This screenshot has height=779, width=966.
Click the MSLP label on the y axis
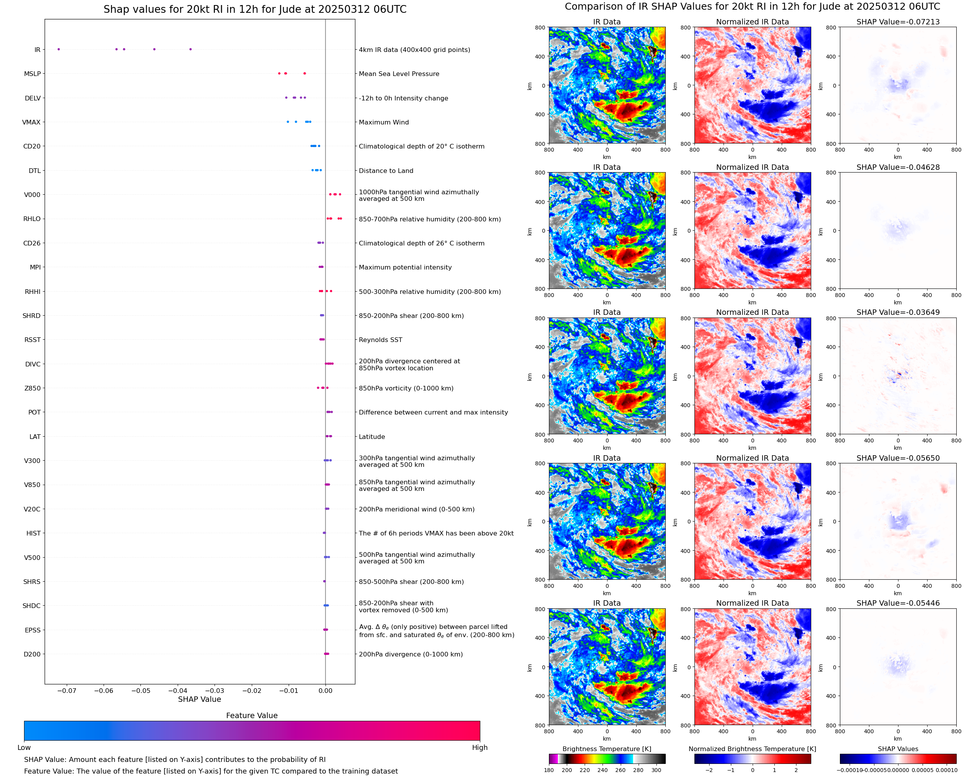(x=32, y=74)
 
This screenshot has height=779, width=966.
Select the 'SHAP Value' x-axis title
(x=199, y=699)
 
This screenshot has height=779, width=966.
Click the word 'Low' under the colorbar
(x=24, y=748)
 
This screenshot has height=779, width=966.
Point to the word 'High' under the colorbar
(x=480, y=748)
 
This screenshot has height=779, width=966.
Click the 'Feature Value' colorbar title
(x=252, y=715)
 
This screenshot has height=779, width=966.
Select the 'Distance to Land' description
(x=386, y=171)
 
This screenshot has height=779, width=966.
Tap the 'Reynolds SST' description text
(x=380, y=340)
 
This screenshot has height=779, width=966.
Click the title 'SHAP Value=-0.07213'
(x=898, y=22)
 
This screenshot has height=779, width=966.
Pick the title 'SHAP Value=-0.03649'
(x=898, y=312)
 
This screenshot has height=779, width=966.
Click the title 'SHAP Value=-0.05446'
(x=898, y=603)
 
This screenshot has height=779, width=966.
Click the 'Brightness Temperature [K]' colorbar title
(x=606, y=749)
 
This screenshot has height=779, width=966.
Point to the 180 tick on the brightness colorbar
(x=549, y=770)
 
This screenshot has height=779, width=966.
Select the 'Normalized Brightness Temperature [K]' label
(x=752, y=749)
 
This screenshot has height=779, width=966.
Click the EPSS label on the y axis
(x=32, y=630)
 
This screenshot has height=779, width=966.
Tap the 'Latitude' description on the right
(x=372, y=437)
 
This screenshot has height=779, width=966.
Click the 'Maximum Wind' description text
(x=384, y=122)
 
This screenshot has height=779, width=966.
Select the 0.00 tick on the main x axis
(x=325, y=691)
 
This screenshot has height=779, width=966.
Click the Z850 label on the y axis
(x=32, y=388)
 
